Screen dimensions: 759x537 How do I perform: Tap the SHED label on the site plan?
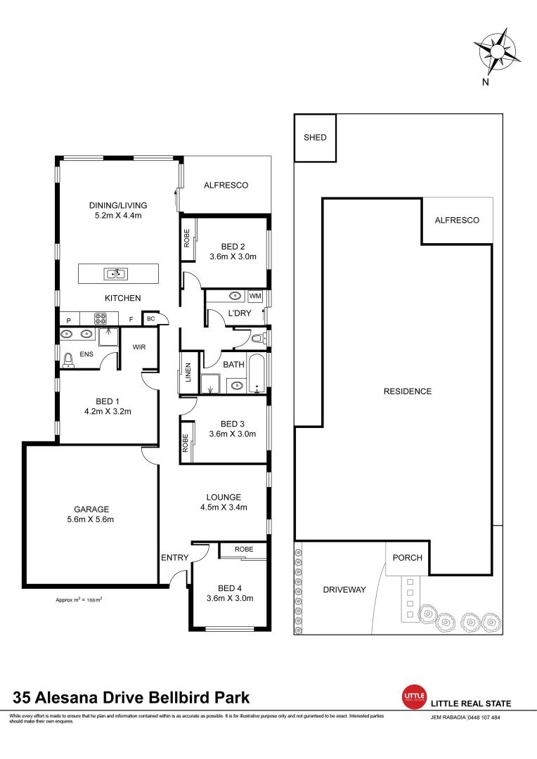(315, 138)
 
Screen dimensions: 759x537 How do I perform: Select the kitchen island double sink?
(114, 273)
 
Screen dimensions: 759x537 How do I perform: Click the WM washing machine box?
(255, 297)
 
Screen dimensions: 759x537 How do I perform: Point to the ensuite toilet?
(68, 361)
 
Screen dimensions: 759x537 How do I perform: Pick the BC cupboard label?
(150, 319)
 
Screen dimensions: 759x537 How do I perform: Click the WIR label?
(138, 345)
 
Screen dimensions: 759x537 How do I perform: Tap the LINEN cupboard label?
(188, 372)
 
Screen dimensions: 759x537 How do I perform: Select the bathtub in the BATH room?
(259, 374)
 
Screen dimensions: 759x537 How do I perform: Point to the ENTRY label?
(175, 558)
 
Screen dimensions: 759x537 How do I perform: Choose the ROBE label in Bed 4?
(244, 549)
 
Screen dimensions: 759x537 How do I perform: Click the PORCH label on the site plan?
(408, 558)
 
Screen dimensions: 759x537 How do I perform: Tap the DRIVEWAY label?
(344, 590)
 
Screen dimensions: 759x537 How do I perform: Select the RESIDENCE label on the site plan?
(408, 391)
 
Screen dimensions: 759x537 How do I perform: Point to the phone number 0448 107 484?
(484, 718)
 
